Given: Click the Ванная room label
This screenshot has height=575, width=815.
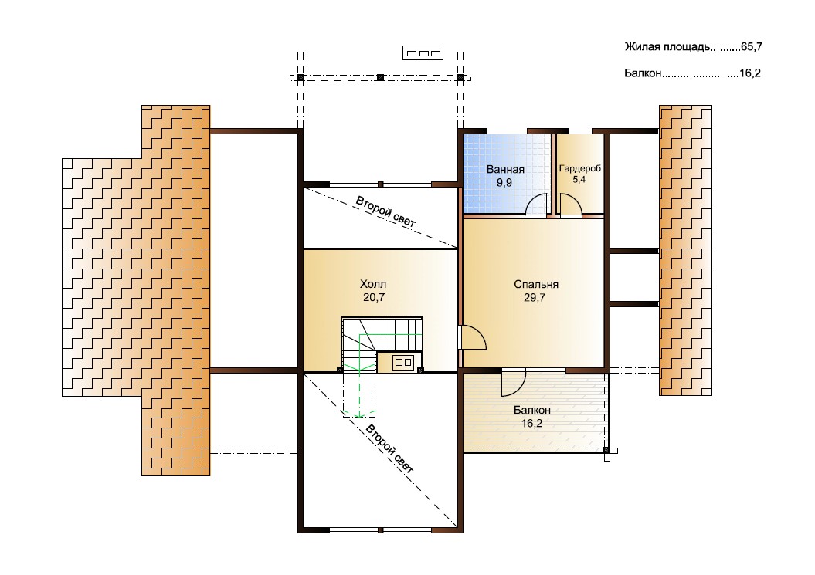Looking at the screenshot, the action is (x=505, y=169).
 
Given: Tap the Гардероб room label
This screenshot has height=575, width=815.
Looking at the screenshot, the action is (x=579, y=168).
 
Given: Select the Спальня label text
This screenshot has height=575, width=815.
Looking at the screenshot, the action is (x=536, y=285).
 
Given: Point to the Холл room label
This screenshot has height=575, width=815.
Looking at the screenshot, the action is (x=373, y=284).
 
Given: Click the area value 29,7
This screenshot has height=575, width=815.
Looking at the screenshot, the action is (x=535, y=298).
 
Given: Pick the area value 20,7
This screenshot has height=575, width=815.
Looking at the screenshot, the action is (x=374, y=297).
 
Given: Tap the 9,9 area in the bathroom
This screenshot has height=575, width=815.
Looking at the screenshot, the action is (x=504, y=183).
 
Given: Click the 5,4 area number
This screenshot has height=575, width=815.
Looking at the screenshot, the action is (x=579, y=180).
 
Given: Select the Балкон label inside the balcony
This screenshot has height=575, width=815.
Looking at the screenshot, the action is (x=531, y=411).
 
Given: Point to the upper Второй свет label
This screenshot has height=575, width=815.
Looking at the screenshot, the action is (x=385, y=212).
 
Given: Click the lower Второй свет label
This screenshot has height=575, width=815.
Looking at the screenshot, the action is (x=390, y=448).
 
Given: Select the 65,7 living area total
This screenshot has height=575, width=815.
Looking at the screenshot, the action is (x=752, y=47).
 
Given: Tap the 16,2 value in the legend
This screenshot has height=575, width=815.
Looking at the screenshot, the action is (x=750, y=73).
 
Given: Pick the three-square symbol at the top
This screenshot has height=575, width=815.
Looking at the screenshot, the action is (x=423, y=53).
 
